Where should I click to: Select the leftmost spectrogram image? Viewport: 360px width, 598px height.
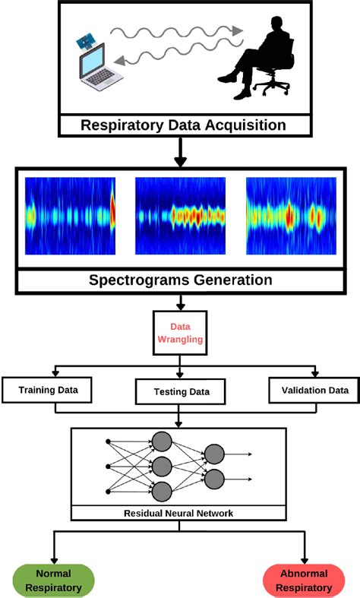point(70,216)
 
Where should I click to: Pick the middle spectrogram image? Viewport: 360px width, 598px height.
point(180,216)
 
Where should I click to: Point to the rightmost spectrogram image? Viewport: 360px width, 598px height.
point(291,216)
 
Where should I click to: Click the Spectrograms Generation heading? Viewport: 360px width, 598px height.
point(181,280)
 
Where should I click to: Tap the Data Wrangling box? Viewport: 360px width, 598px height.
point(180,333)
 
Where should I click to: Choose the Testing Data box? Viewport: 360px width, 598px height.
point(180,392)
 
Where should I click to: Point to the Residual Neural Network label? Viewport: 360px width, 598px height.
point(179,513)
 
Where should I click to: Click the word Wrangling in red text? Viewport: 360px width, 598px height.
point(180,340)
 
